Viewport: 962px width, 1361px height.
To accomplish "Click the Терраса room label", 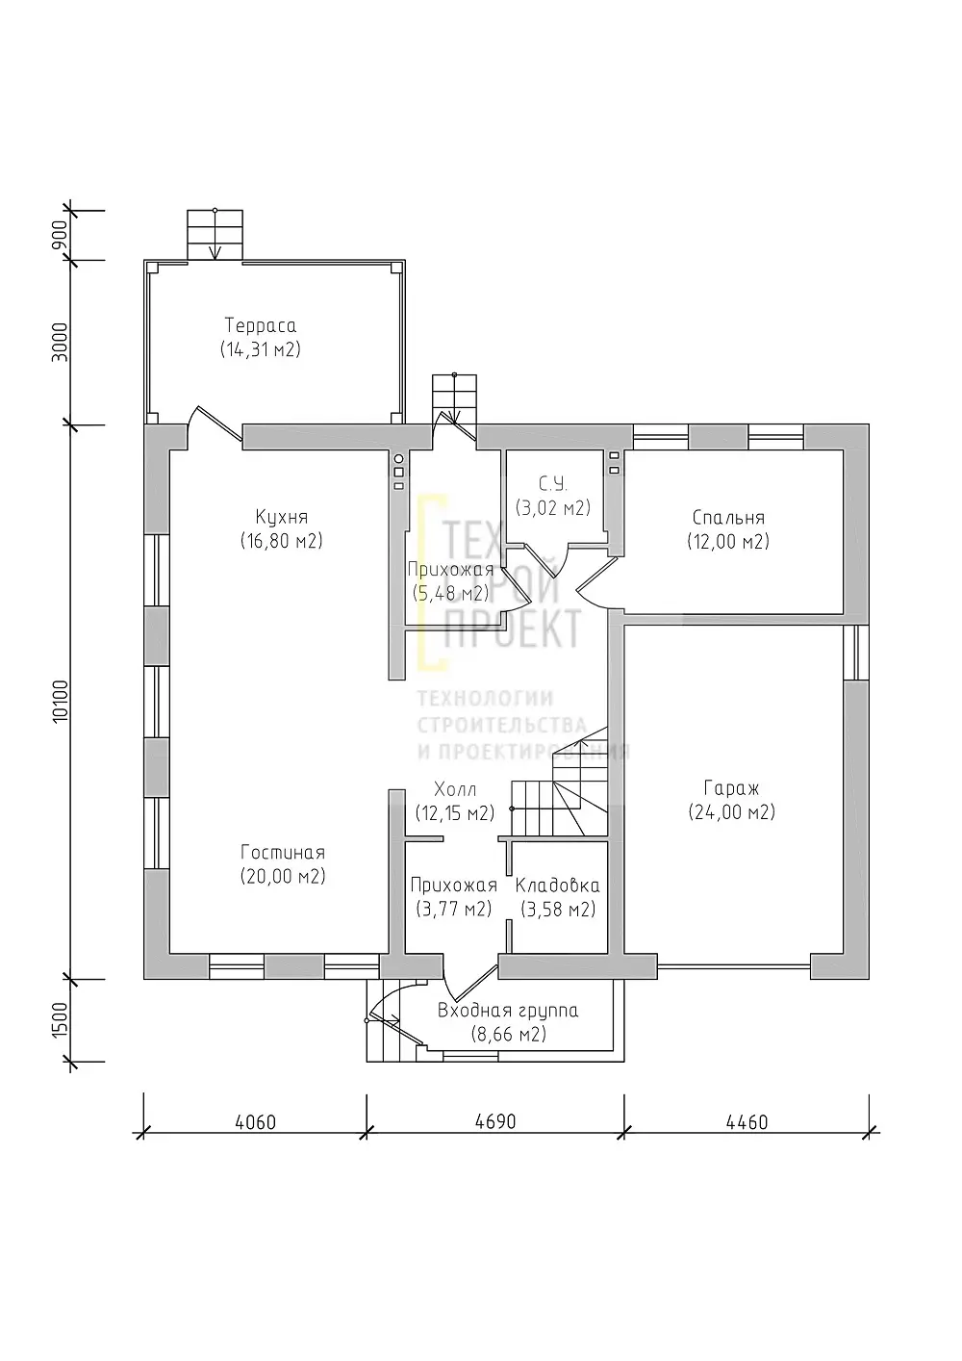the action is [261, 325].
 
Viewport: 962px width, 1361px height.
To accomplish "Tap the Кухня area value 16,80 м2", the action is [281, 540].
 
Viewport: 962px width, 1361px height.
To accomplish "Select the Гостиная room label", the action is [283, 853].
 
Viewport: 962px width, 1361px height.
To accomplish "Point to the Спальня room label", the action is [728, 518].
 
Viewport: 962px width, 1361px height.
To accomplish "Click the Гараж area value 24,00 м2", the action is [732, 812].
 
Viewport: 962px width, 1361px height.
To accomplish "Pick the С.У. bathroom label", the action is [552, 484].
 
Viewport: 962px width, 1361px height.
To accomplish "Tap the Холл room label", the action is [455, 790].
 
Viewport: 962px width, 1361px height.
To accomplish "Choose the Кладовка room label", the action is [558, 886].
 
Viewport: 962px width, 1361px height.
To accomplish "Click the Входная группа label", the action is [508, 1011].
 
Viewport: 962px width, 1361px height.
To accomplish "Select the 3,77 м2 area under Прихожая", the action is [454, 909].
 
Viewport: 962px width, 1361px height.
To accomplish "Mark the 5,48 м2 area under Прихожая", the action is [450, 593].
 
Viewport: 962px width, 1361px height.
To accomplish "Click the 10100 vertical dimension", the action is [60, 701].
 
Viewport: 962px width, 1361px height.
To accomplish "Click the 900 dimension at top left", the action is [60, 235].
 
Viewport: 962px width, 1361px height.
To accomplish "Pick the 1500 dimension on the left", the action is [60, 1020].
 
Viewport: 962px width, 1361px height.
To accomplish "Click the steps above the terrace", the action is [215, 235].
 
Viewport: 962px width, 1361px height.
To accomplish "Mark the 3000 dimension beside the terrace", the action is [60, 342].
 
